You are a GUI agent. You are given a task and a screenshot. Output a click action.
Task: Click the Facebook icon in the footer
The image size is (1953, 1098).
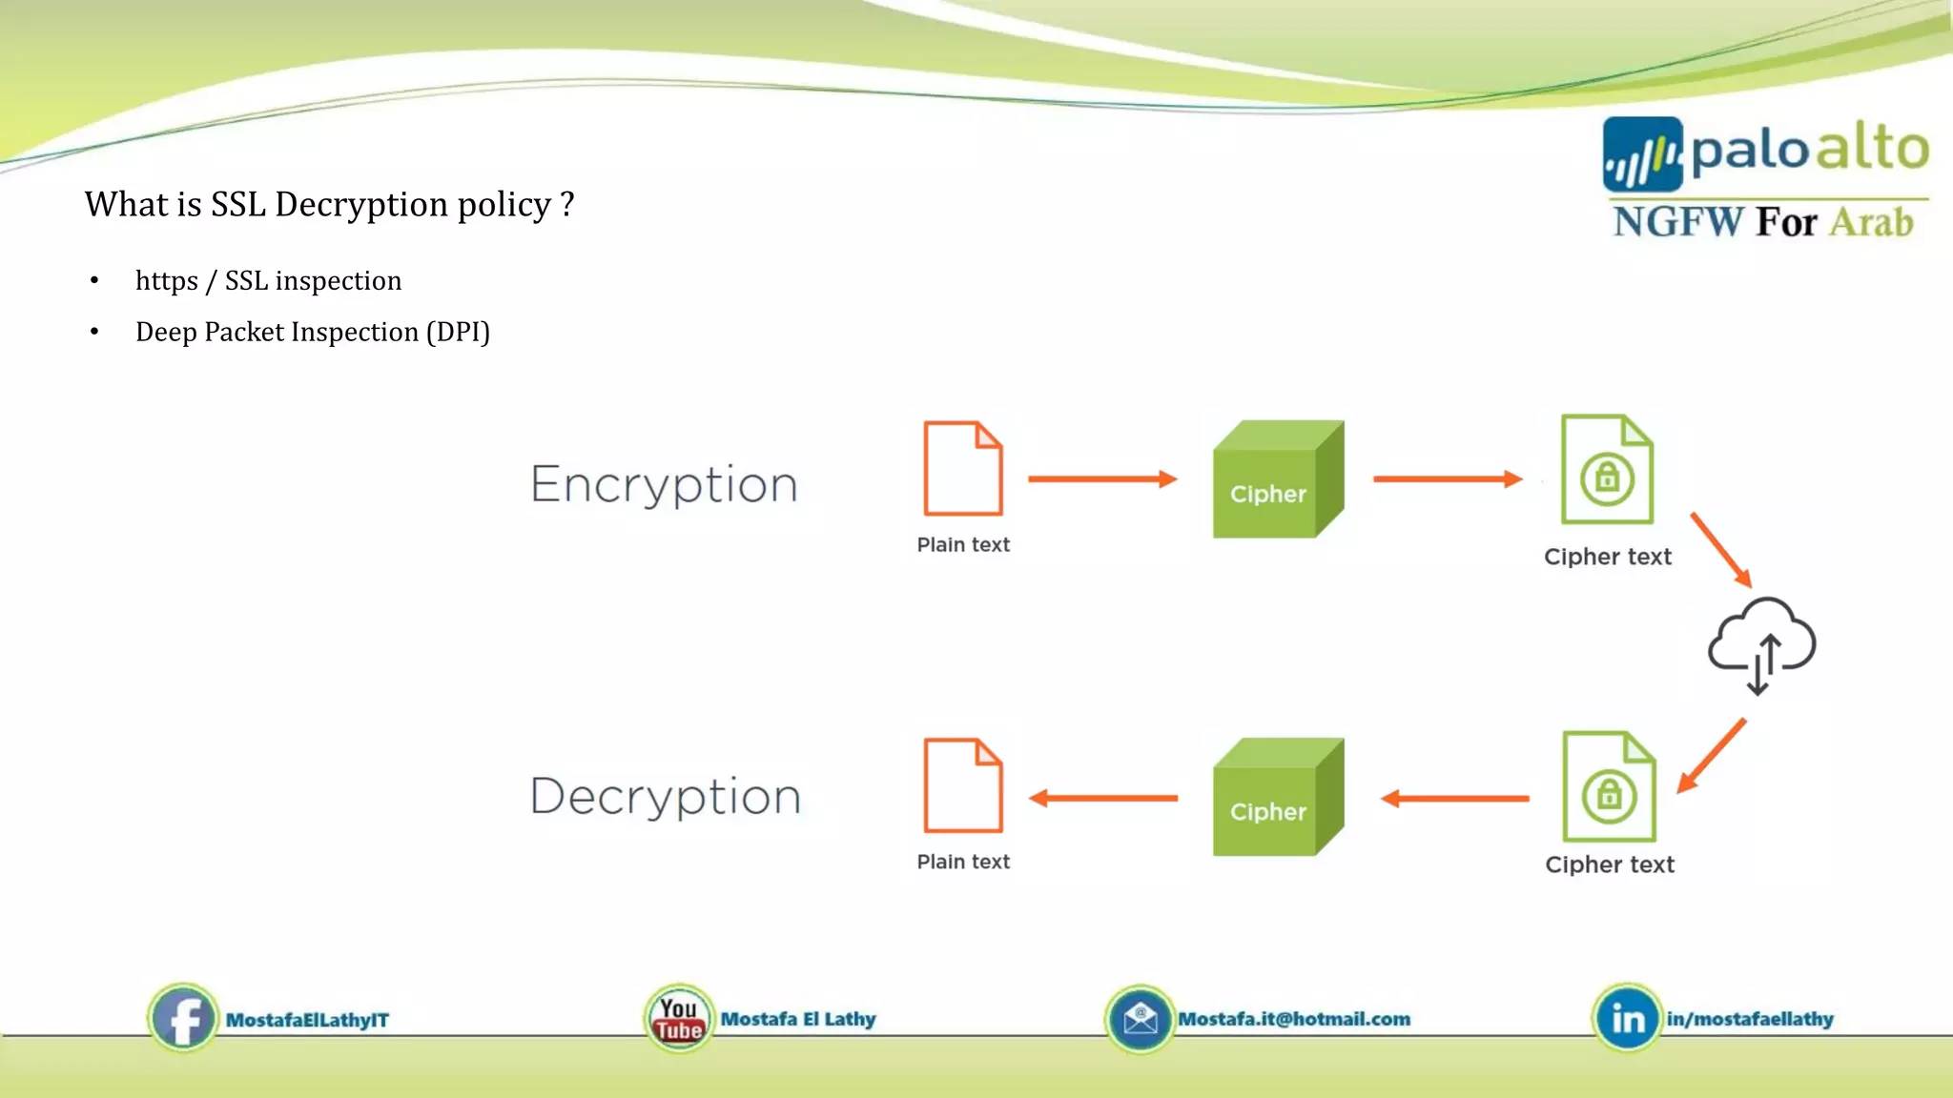182,1018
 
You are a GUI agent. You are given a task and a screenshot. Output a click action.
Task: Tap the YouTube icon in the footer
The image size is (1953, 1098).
678,1018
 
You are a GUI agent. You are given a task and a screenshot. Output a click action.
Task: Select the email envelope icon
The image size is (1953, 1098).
1140,1019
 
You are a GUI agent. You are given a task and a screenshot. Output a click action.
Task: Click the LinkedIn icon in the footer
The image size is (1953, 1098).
1627,1018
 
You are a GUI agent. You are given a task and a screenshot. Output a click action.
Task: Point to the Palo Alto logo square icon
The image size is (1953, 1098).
1642,154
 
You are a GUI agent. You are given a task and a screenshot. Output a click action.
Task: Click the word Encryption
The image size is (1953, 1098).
664,484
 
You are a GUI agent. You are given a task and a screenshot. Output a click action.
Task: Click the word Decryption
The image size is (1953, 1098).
665,796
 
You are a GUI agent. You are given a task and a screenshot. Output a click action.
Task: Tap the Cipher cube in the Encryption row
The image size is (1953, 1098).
1278,479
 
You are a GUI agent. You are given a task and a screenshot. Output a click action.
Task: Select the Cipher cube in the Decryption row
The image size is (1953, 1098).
1278,797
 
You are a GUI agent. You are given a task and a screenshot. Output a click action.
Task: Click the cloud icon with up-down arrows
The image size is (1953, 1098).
1761,645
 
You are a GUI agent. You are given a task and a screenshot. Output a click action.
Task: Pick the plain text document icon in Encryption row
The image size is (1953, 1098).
963,468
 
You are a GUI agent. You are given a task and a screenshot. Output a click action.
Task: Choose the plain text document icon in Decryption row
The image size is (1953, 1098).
963,785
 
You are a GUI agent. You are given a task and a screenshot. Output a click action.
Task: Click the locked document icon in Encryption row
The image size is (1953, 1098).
1607,469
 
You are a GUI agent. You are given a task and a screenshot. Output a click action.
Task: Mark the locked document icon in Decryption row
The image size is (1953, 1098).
1609,786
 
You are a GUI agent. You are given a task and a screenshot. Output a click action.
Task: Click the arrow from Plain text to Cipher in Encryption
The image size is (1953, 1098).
1102,478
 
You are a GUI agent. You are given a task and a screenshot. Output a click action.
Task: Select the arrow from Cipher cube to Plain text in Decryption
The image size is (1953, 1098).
1103,798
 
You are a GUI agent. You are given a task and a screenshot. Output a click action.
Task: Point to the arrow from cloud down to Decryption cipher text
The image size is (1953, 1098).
1712,756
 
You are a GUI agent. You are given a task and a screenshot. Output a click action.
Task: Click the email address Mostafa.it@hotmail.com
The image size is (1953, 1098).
1294,1019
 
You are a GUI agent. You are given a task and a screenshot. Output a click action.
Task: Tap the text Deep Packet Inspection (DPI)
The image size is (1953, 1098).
313,332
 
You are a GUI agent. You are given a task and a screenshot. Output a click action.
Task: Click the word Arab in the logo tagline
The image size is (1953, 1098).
1871,222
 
